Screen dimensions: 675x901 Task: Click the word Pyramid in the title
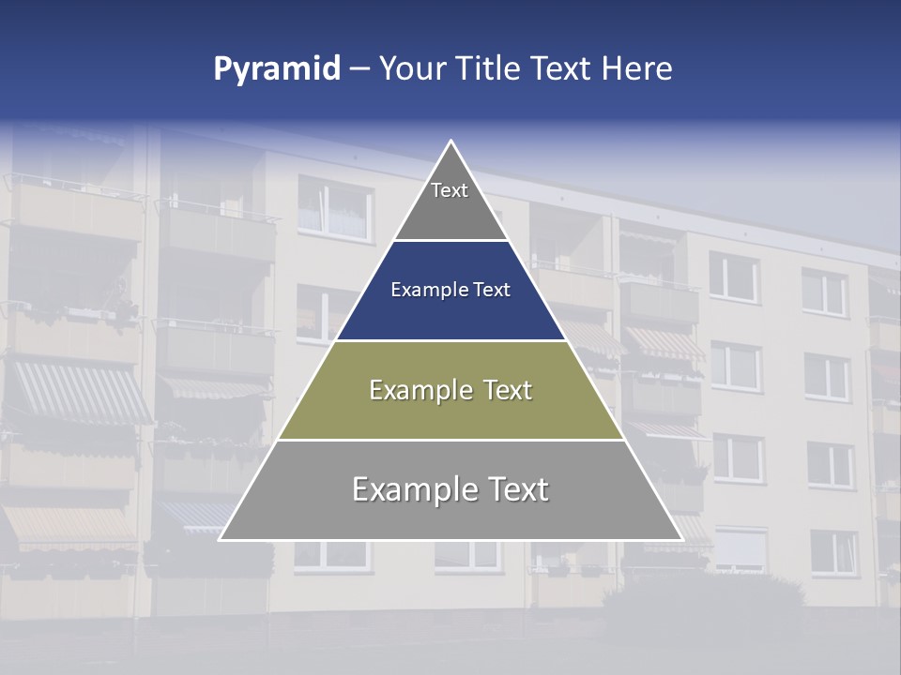[276, 69]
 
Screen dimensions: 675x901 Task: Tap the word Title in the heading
[488, 69]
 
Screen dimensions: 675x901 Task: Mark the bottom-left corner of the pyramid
[221, 539]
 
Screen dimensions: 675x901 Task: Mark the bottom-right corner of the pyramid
[680, 539]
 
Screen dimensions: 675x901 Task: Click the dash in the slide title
[359, 69]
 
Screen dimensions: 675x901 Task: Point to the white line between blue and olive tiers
[450, 340]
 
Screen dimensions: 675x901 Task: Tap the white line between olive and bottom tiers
[450, 440]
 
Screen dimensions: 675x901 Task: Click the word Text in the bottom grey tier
[515, 489]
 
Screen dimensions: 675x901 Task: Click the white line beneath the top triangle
[450, 240]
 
